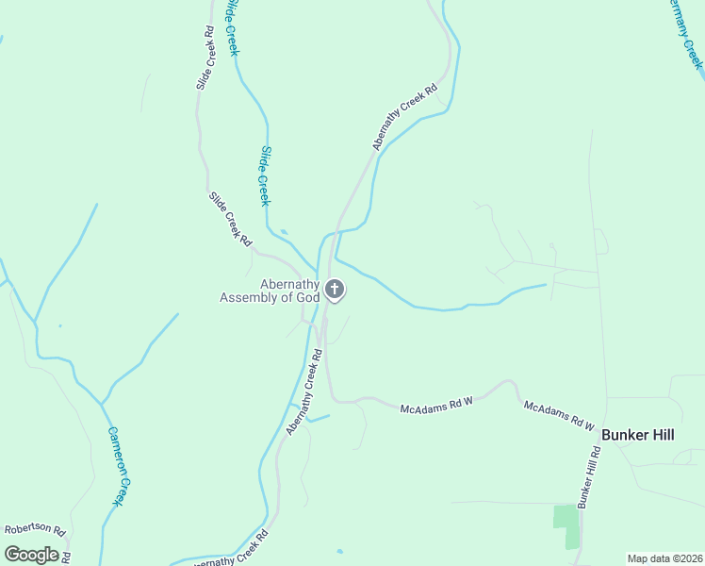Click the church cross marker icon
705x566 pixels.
point(335,290)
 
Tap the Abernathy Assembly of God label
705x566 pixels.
point(271,291)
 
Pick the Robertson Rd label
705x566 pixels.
point(34,530)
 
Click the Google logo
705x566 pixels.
point(31,554)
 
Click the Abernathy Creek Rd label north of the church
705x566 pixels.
point(405,118)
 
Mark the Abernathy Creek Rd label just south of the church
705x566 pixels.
point(304,392)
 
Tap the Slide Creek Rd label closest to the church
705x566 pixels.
point(230,219)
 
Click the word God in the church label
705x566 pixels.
point(308,298)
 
